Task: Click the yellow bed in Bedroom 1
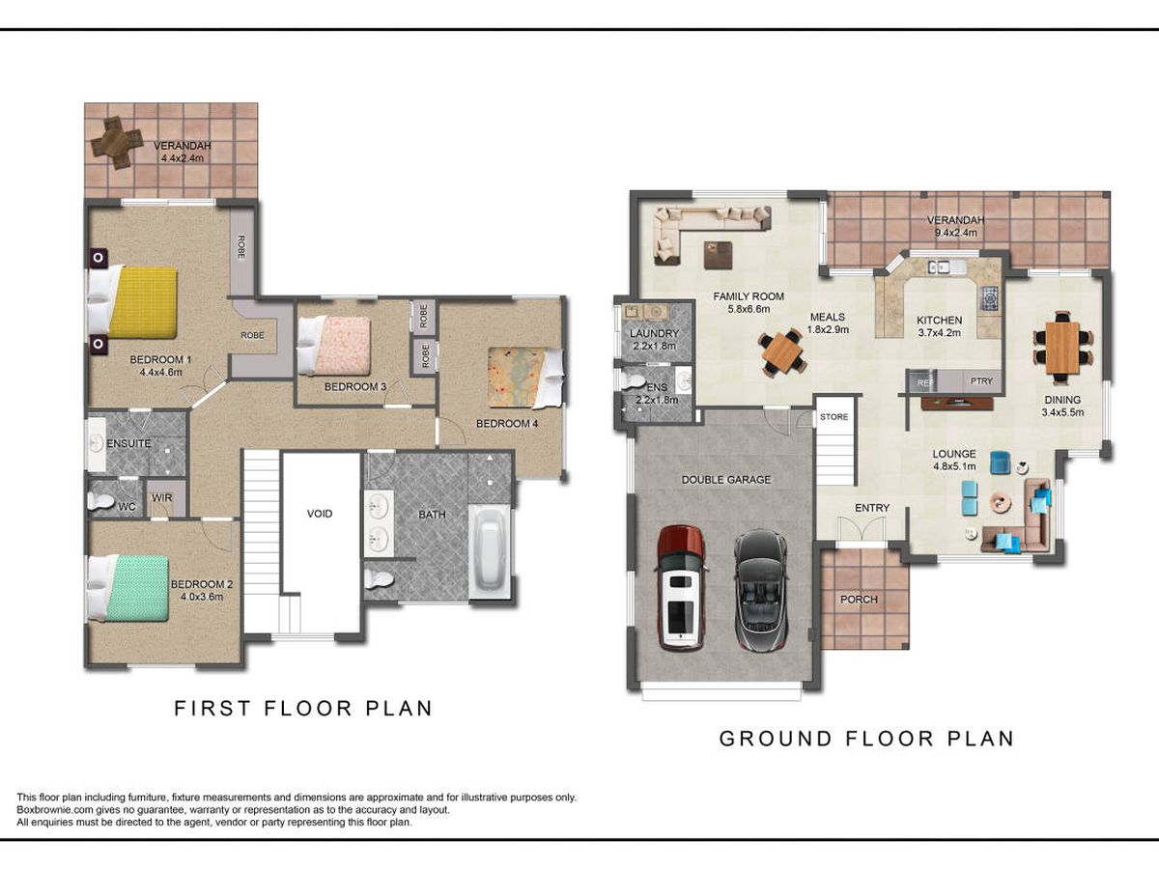(x=132, y=302)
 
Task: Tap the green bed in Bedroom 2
(x=128, y=588)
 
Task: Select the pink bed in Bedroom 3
(x=334, y=345)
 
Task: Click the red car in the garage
(x=681, y=587)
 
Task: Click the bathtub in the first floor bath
(x=490, y=552)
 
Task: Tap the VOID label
(x=320, y=514)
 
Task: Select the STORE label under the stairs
(x=834, y=417)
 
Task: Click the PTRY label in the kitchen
(x=981, y=381)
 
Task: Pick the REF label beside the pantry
(x=925, y=383)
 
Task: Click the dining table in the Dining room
(x=1063, y=348)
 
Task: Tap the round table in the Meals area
(x=782, y=352)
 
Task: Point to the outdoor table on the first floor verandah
(x=117, y=143)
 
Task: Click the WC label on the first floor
(x=127, y=507)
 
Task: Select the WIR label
(x=161, y=497)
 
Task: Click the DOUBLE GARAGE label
(x=726, y=480)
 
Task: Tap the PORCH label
(x=859, y=600)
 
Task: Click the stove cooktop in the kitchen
(x=989, y=298)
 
